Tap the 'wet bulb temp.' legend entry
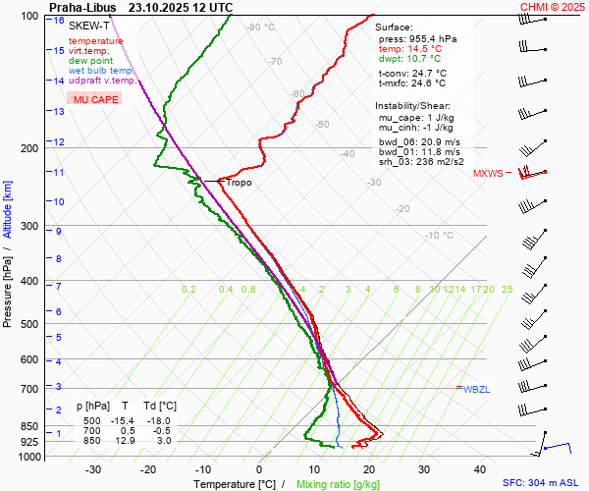pyautogui.click(x=101, y=71)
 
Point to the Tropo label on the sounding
pyautogui.click(x=239, y=183)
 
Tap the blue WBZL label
pyautogui.click(x=476, y=390)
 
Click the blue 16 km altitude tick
pyautogui.click(x=60, y=21)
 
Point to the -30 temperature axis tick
pyautogui.click(x=94, y=469)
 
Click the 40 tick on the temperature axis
pyautogui.click(x=425, y=469)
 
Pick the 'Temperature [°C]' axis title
pyautogui.click(x=235, y=484)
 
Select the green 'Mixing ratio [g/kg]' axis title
pyautogui.click(x=338, y=484)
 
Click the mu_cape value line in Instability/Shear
pyautogui.click(x=416, y=118)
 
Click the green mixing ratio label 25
pyautogui.click(x=507, y=290)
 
